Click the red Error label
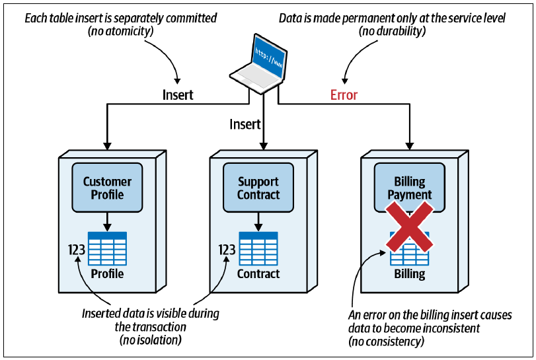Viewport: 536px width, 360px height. click(x=344, y=95)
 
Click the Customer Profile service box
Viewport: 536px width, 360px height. click(x=107, y=188)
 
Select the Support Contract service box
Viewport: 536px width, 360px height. click(x=258, y=188)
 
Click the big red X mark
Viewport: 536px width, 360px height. click(x=410, y=227)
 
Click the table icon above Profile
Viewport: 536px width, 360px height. click(x=107, y=248)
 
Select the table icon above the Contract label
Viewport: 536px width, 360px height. click(x=258, y=248)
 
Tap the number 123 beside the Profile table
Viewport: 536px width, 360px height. click(x=77, y=250)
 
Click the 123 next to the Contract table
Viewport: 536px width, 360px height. click(x=227, y=250)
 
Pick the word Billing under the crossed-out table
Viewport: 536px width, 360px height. click(x=410, y=273)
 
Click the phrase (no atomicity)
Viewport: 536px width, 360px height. click(x=121, y=31)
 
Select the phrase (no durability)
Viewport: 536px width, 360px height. click(x=392, y=31)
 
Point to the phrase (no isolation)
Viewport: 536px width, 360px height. click(x=151, y=340)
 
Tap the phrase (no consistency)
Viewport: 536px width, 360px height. click(x=386, y=342)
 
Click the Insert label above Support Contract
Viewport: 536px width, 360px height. click(x=245, y=124)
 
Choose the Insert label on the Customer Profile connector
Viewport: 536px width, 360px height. click(x=178, y=95)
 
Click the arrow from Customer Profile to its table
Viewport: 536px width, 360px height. click(x=107, y=222)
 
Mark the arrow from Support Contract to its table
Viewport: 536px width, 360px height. click(x=258, y=222)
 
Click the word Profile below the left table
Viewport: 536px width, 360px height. click(x=107, y=273)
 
